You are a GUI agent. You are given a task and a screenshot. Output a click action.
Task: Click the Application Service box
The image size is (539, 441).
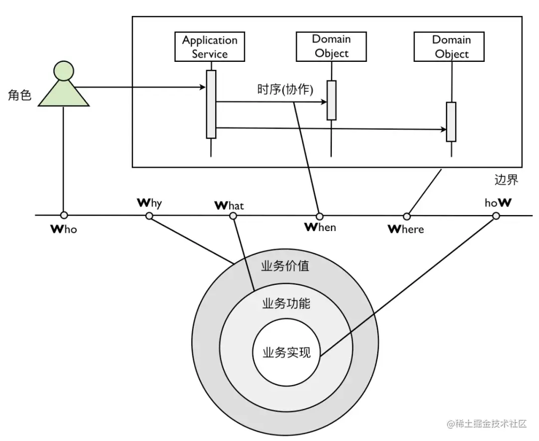pos(210,47)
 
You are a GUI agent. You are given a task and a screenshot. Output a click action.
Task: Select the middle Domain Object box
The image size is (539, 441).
pos(331,47)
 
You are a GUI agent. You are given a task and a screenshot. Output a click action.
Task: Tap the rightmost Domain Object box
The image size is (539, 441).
pos(449,47)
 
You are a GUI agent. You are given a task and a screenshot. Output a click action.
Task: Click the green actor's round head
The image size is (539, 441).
pos(64,71)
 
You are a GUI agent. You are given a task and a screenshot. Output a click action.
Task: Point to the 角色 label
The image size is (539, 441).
pos(19,95)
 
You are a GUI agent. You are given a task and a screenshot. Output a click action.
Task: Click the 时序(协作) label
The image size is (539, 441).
pos(285,89)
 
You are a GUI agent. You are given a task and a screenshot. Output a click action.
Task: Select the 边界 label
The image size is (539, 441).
pos(506,180)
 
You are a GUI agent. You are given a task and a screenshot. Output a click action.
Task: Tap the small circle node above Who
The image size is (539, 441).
pos(64,216)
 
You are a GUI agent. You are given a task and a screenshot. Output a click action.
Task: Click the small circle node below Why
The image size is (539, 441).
pos(149,216)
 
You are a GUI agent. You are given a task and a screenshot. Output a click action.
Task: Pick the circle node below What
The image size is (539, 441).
pos(233,216)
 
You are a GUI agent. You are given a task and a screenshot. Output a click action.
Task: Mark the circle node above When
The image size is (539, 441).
pos(320,217)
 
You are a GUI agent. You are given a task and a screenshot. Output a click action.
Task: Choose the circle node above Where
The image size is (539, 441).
pos(407,217)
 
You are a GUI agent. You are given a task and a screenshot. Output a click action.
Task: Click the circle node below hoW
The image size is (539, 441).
pos(496,216)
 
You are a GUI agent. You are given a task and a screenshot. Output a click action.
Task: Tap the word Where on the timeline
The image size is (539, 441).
pos(406,229)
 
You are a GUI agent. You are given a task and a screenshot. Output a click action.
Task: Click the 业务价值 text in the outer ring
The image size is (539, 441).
pos(285,266)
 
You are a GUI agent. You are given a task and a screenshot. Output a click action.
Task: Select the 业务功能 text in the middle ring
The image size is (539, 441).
pos(286,303)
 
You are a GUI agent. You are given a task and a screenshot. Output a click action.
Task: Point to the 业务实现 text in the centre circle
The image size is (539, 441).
pos(286,353)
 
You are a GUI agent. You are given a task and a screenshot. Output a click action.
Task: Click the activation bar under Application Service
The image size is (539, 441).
pos(211,104)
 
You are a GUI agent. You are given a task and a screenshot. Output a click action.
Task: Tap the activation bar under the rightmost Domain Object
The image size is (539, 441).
pos(451,122)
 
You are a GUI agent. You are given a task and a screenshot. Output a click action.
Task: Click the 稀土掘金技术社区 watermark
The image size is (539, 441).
pos(487,424)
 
